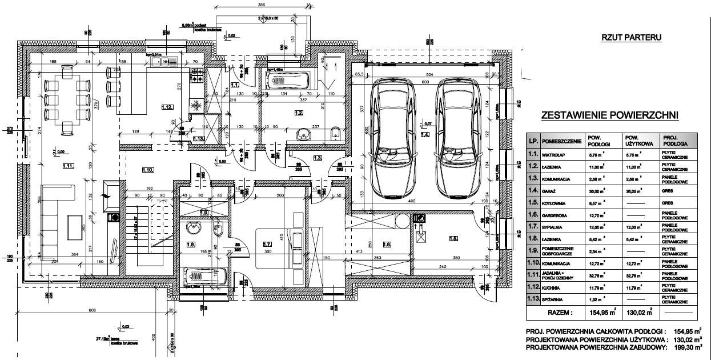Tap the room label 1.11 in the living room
(x=68, y=167)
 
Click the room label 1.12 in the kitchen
(x=167, y=107)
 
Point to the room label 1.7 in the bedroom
(x=266, y=245)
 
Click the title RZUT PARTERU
(x=631, y=38)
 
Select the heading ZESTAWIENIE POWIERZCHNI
(x=609, y=115)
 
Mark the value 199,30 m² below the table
(x=684, y=347)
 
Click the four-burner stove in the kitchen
(x=197, y=74)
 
